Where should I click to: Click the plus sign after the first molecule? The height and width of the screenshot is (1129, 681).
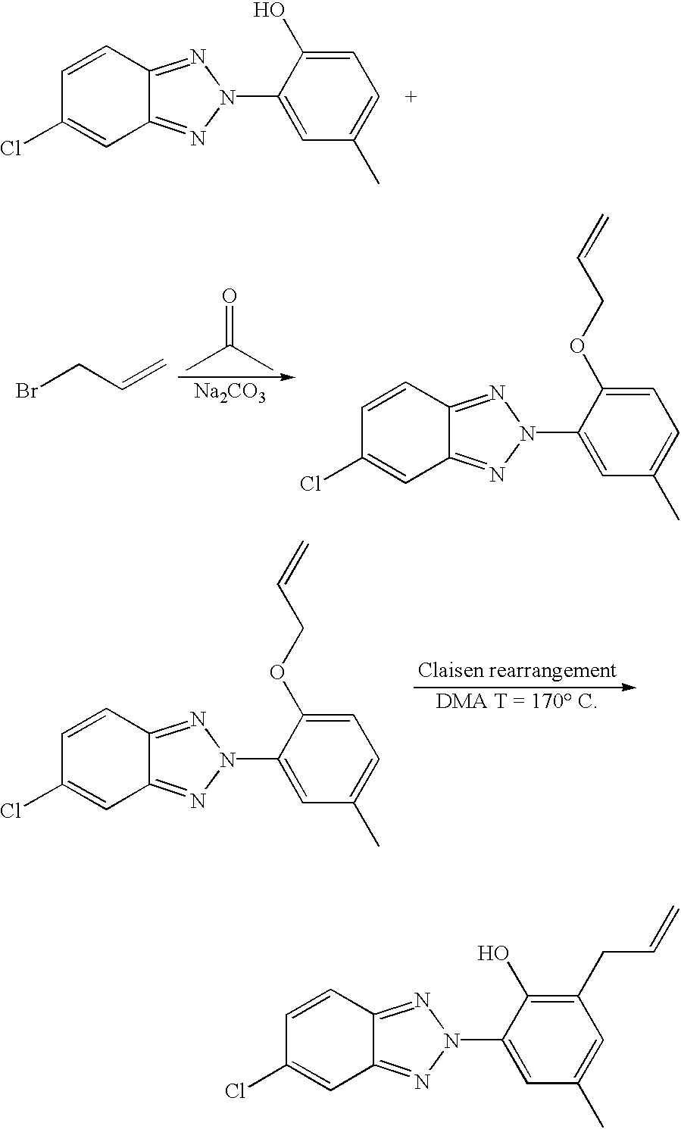point(411,97)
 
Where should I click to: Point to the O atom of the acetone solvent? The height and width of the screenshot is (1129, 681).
point(229,295)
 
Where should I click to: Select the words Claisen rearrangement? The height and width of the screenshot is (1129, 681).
point(517,670)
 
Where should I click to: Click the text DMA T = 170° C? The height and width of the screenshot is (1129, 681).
point(517,701)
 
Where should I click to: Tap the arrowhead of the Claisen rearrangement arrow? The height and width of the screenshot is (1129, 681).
point(627,687)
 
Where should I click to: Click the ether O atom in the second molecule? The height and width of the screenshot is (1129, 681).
point(577,346)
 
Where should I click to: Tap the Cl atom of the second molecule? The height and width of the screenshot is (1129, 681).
point(311,484)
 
